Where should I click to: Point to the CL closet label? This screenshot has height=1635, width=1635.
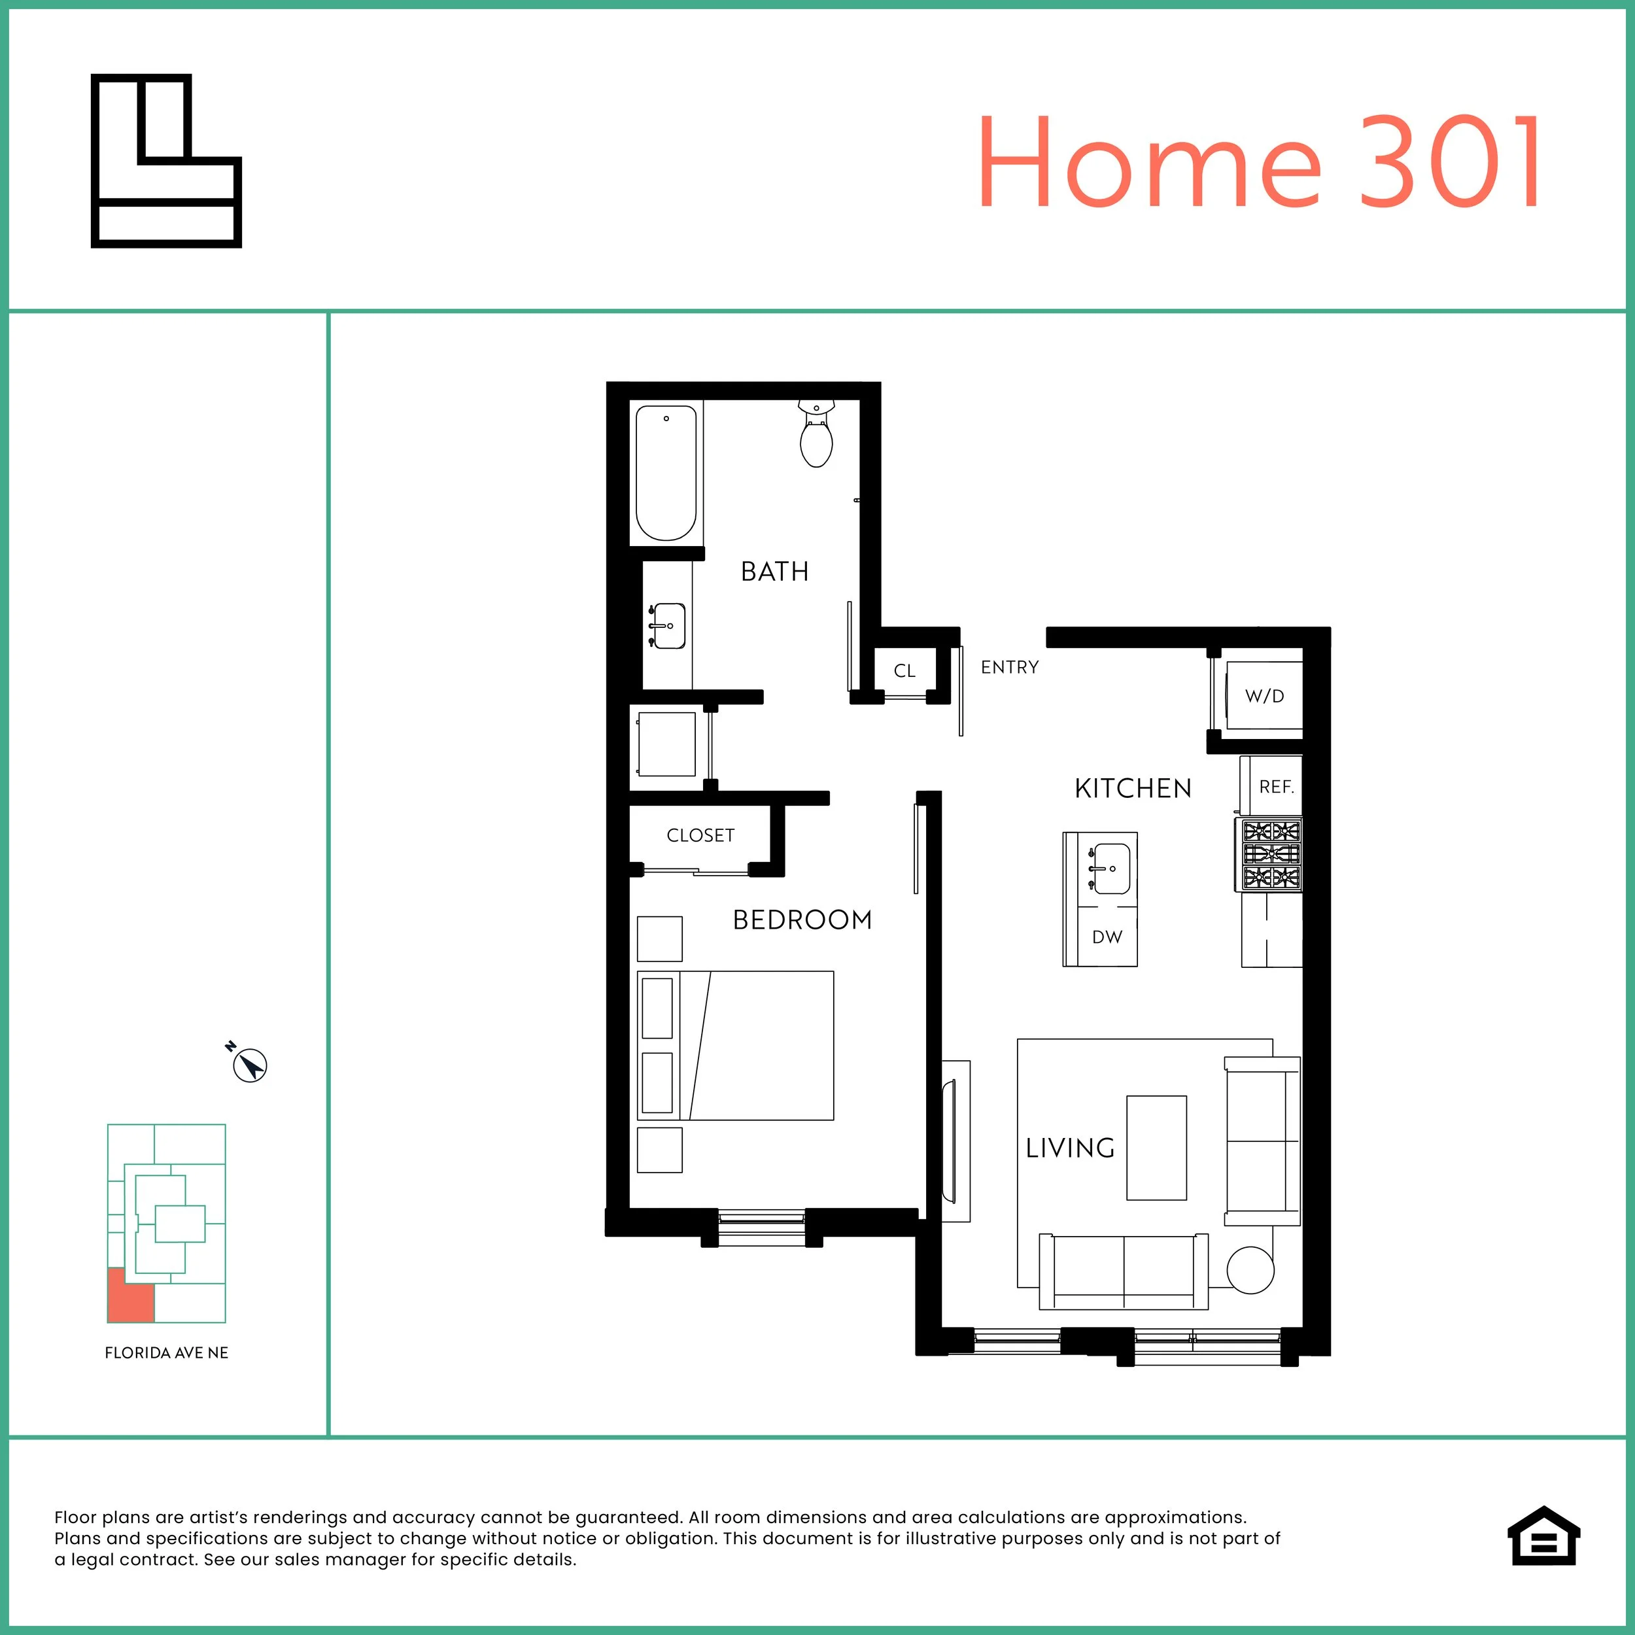click(904, 671)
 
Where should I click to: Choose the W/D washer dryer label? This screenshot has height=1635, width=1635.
click(1264, 697)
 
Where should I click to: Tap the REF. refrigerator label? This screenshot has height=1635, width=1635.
click(1276, 787)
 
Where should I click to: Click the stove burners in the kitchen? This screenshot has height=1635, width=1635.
click(1270, 854)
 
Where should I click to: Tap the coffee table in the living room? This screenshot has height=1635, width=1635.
click(1156, 1148)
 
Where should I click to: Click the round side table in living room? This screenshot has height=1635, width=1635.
click(1250, 1270)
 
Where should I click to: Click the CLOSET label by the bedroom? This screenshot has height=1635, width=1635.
click(700, 835)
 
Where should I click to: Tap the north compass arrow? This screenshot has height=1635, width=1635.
click(250, 1065)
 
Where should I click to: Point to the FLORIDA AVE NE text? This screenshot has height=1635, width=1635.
click(167, 1353)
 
